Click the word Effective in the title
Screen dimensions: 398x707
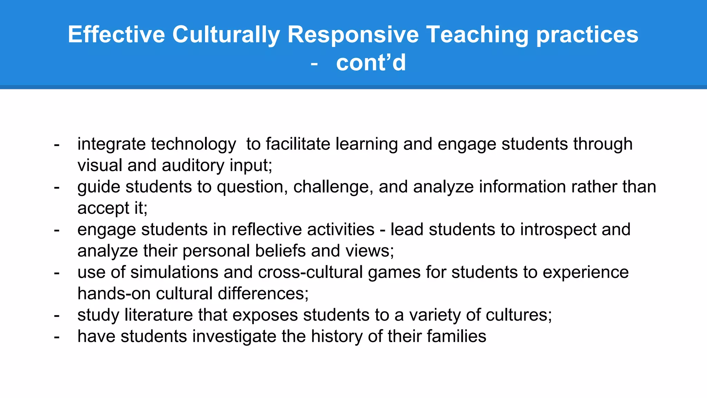116,35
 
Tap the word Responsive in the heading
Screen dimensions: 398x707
353,35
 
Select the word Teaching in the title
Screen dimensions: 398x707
477,35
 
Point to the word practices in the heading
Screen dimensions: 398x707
587,35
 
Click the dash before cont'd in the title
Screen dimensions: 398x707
314,64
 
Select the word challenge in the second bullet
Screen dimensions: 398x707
333,187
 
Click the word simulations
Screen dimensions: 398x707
174,272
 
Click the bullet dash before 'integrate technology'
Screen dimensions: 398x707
57,144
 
